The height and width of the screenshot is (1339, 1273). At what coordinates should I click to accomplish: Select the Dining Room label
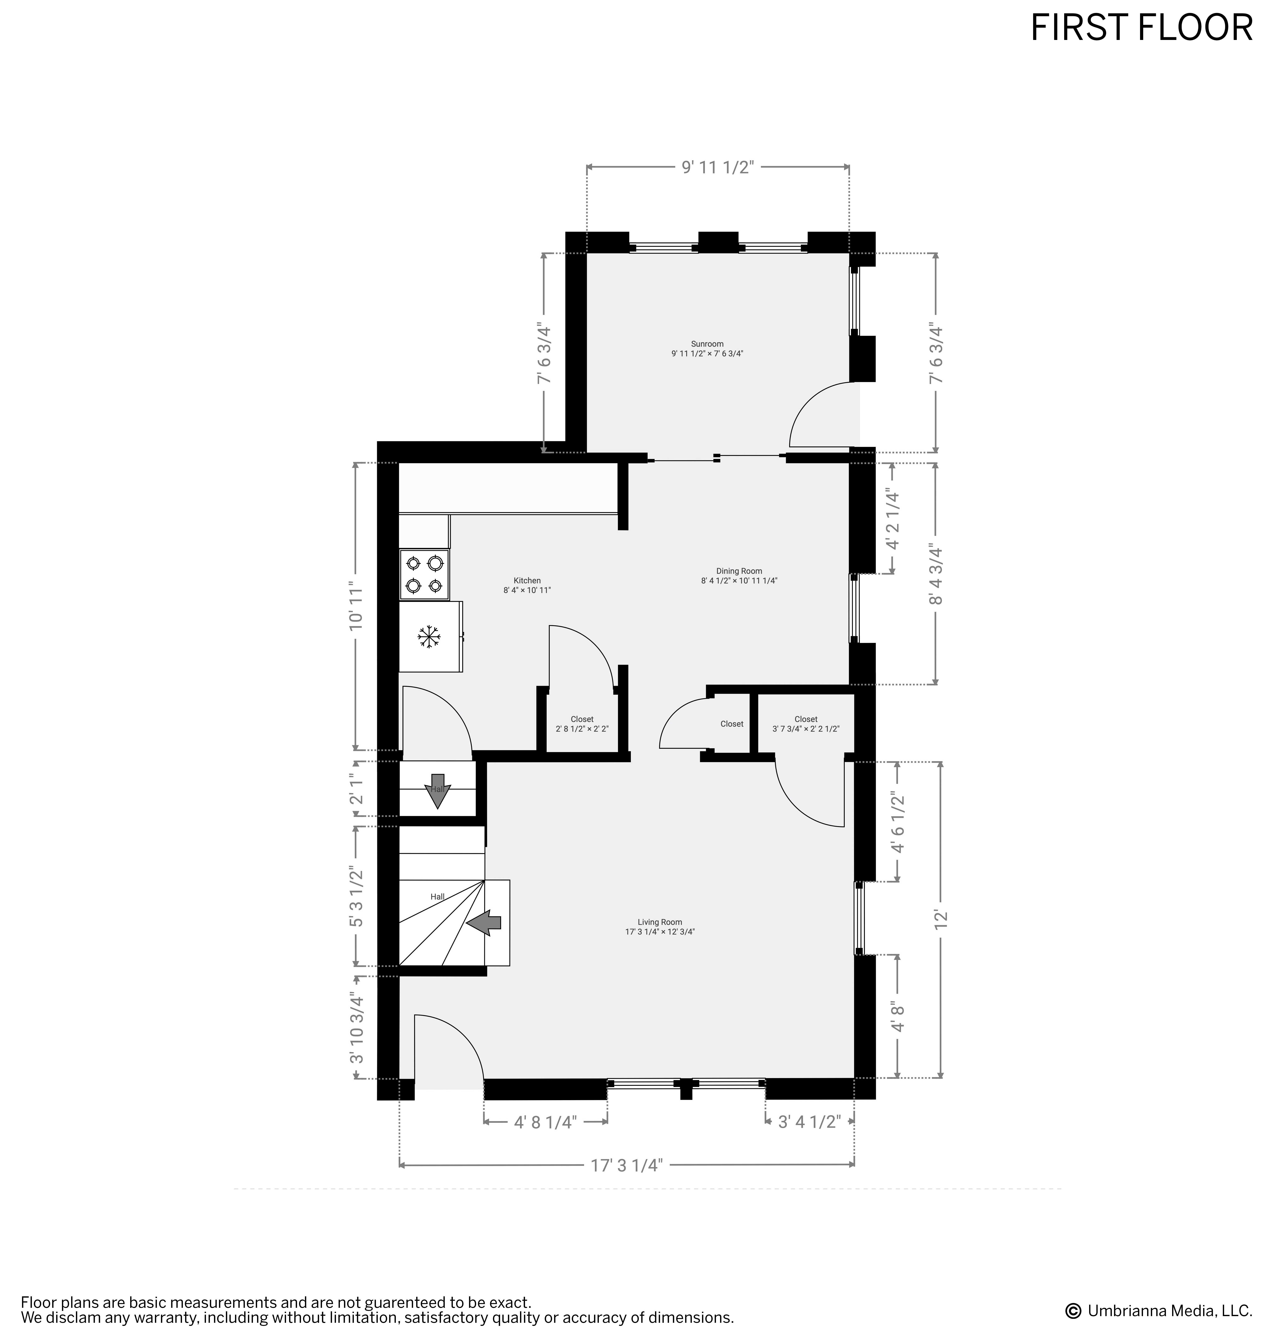[x=739, y=571]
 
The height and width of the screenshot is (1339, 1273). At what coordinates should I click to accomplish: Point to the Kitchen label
[x=527, y=580]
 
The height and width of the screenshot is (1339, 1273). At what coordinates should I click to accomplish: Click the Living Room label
[x=660, y=922]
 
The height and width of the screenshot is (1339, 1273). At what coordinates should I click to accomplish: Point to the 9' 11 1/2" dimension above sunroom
[x=718, y=167]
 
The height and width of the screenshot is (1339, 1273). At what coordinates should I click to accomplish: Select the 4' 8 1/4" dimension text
[x=546, y=1122]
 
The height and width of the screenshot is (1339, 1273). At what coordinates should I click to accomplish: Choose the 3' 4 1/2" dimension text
[x=810, y=1122]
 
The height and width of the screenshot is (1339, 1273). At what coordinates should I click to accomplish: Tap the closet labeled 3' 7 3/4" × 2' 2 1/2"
[x=806, y=723]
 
